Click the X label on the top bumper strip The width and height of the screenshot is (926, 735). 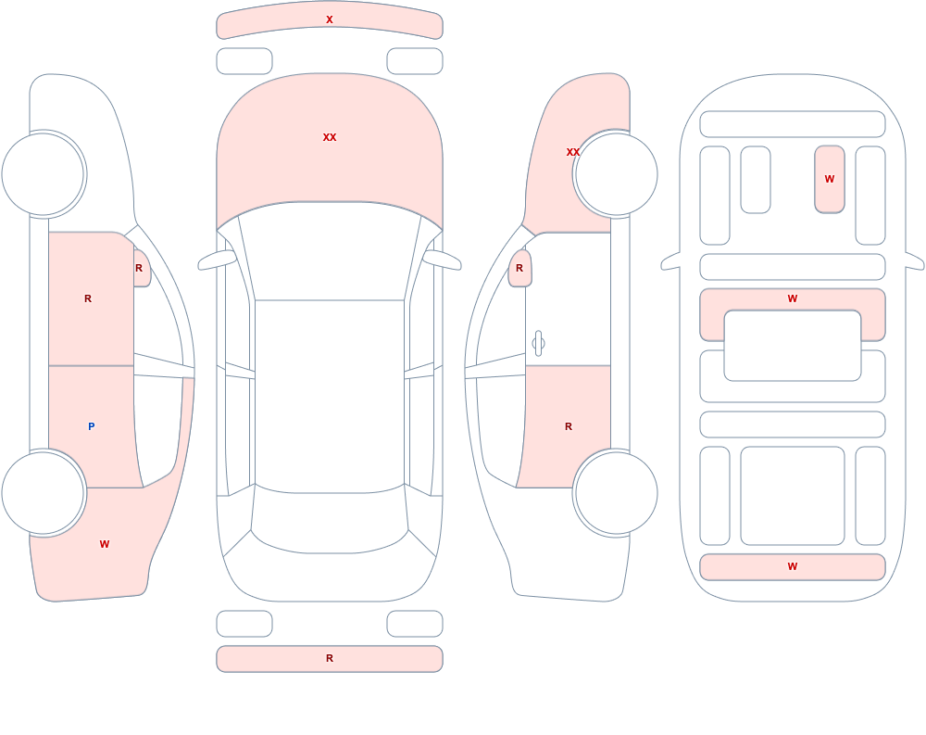point(330,19)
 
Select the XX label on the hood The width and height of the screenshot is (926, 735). point(330,137)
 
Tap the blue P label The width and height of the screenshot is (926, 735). point(91,426)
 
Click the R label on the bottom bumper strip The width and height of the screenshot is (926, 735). point(330,658)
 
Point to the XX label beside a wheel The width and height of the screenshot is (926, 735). point(573,152)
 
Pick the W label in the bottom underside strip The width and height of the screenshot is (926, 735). point(793,566)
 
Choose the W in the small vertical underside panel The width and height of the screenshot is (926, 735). point(830,179)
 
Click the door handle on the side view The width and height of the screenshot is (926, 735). point(538,343)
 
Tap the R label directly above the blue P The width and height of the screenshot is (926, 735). point(88,298)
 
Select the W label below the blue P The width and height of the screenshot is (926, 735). point(105,544)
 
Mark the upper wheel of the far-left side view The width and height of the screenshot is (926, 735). point(44,174)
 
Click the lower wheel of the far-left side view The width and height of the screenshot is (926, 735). point(44,493)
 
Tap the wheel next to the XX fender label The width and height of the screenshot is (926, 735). point(616,174)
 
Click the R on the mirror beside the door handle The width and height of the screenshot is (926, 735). point(519,268)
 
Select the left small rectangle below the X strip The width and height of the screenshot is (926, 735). point(244,61)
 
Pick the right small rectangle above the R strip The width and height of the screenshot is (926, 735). point(415,624)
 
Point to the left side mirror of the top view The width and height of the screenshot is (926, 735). point(216,260)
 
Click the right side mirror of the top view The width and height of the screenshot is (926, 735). point(443,260)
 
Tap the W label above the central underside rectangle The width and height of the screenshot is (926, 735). point(793,298)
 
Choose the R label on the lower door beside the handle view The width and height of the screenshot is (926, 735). point(569,426)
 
